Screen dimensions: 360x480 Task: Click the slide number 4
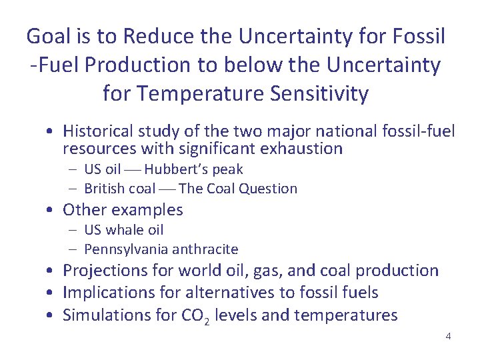click(448, 336)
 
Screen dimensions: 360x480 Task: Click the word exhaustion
click(301, 148)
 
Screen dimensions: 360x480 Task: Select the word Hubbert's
click(173, 169)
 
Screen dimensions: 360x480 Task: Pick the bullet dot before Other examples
click(51, 211)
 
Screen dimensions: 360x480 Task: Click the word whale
click(125, 230)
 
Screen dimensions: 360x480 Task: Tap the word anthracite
click(205, 249)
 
